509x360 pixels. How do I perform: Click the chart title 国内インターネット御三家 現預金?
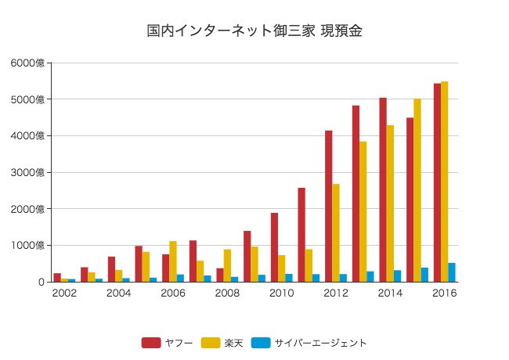(x=254, y=31)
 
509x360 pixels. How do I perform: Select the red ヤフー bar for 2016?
(x=437, y=182)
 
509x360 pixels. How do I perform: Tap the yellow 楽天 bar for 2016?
(x=445, y=182)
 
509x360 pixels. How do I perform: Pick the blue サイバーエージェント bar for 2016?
(x=452, y=272)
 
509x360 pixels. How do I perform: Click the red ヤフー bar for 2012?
(x=329, y=206)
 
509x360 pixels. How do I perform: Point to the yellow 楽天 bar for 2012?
(x=336, y=233)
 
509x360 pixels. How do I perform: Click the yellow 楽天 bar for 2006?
(x=173, y=261)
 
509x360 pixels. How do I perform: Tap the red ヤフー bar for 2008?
(x=220, y=275)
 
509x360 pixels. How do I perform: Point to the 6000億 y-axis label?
(x=28, y=63)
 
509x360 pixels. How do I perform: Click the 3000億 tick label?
(x=28, y=172)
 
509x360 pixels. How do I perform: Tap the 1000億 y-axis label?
(x=28, y=245)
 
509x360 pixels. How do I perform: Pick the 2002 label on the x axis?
(x=64, y=293)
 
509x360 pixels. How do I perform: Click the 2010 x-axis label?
(x=281, y=293)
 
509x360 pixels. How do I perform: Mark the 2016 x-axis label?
(x=444, y=293)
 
